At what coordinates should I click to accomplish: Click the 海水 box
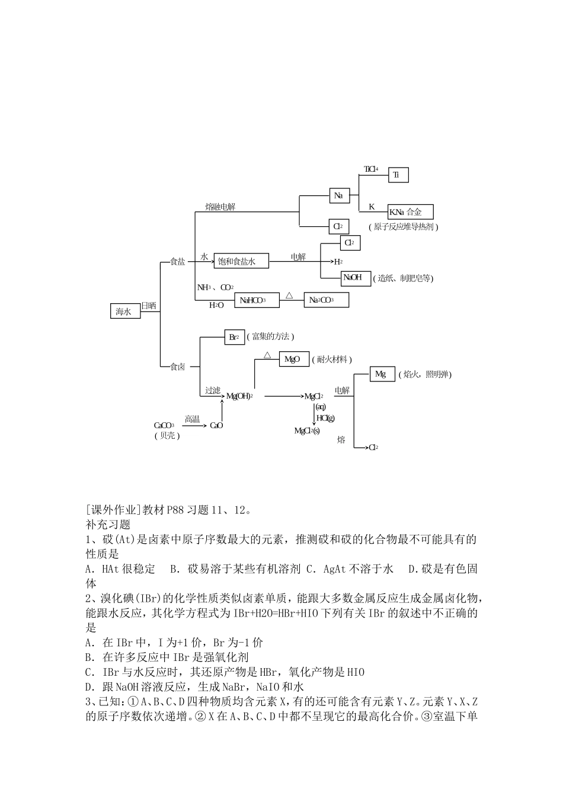(x=125, y=311)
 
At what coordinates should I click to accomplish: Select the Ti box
(x=398, y=175)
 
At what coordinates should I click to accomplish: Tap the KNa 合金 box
(x=410, y=212)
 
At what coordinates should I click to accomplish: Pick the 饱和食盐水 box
(x=241, y=261)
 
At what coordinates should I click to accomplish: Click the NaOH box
(x=356, y=278)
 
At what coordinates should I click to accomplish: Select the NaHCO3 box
(x=257, y=300)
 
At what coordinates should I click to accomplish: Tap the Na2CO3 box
(x=326, y=300)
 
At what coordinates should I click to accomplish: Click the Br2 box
(x=233, y=337)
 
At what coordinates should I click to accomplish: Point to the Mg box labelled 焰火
(x=382, y=374)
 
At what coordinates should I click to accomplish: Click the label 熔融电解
(x=220, y=207)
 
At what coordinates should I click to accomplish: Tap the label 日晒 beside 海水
(x=149, y=306)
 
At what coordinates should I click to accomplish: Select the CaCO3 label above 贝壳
(x=164, y=425)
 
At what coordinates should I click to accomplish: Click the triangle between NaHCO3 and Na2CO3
(x=289, y=294)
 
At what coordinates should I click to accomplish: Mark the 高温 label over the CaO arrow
(x=193, y=419)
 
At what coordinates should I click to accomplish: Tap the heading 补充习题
(x=108, y=524)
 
